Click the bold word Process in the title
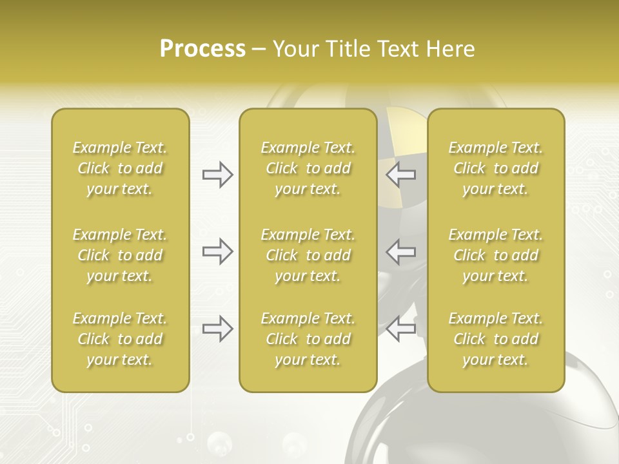(202, 49)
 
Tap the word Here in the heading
(451, 49)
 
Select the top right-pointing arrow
(217, 175)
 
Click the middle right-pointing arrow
(217, 251)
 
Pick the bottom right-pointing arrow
(217, 329)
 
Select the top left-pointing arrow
(401, 175)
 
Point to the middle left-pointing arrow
(401, 251)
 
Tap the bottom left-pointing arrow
(401, 329)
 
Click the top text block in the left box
(120, 168)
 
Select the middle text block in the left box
(120, 255)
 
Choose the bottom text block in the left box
(120, 339)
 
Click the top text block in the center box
(308, 168)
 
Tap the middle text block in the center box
(308, 255)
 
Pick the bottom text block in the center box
(308, 339)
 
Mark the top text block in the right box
(496, 168)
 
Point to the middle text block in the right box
(496, 255)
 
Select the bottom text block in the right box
(496, 339)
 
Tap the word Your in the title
(294, 49)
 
